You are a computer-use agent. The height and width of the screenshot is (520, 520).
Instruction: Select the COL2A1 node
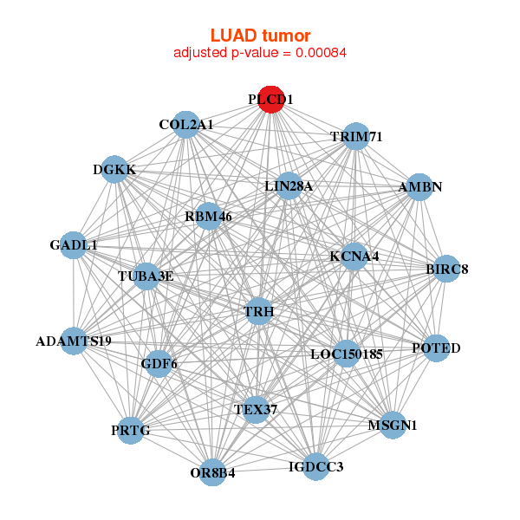click(x=185, y=125)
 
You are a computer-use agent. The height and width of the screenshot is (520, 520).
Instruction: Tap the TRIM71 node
click(x=356, y=137)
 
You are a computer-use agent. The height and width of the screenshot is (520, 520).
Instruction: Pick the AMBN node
click(x=419, y=187)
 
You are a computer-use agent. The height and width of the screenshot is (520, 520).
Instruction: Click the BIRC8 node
click(x=446, y=269)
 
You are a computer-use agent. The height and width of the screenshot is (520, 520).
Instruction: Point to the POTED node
click(x=436, y=348)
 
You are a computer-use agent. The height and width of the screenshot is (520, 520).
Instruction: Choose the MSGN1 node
click(x=393, y=426)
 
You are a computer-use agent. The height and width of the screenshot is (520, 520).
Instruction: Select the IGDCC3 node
click(x=315, y=467)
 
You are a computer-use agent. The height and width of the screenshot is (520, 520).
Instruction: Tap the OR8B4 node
click(x=212, y=472)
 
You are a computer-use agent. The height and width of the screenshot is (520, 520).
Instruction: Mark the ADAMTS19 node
click(x=75, y=341)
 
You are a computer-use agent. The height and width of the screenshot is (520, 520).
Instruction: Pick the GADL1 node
click(x=74, y=245)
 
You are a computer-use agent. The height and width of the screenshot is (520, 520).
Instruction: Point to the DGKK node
click(x=115, y=170)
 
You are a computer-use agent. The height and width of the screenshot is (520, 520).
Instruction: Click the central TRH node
click(x=259, y=311)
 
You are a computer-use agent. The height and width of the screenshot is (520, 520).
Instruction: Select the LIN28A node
click(x=289, y=185)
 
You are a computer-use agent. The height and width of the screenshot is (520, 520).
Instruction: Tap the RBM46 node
click(x=208, y=216)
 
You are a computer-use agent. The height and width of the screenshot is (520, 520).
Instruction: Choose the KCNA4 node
click(x=354, y=257)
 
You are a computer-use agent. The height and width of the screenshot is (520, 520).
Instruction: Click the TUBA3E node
click(x=146, y=276)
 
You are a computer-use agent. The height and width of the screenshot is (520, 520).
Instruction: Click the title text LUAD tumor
click(x=260, y=36)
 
